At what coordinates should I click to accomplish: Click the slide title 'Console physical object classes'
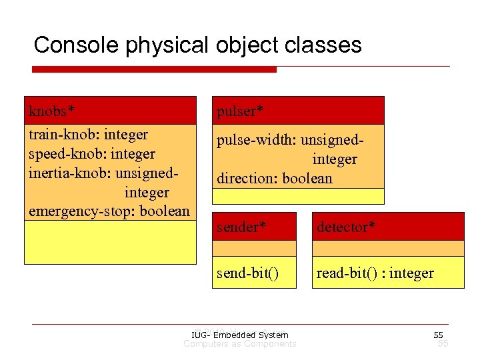coord(197,45)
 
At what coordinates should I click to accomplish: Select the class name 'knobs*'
coord(51,109)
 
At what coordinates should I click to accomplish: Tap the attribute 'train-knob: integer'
coord(88,135)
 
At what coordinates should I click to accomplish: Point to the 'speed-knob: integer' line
coord(91,154)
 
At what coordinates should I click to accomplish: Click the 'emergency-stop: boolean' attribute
coord(109,211)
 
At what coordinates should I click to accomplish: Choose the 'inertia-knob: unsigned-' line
coord(103,173)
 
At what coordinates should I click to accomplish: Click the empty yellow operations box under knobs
coord(110,242)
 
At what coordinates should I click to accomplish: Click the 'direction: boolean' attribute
coord(274,179)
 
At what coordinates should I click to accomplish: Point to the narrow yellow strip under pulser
coord(298,196)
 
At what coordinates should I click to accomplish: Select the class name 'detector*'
coord(346,227)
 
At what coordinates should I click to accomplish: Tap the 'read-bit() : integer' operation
coord(375,273)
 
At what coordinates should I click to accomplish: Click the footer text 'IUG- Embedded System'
coord(239,335)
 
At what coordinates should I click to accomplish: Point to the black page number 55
coord(438,335)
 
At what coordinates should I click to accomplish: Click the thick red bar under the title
coord(155,69)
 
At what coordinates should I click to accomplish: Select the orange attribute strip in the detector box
coord(387,248)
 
